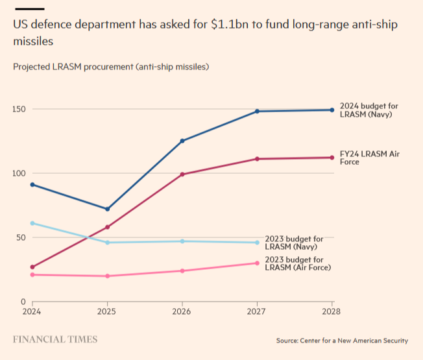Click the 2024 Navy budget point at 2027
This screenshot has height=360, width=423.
click(x=258, y=111)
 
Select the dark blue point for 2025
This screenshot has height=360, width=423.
click(x=107, y=209)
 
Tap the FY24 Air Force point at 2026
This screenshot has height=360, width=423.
click(x=182, y=174)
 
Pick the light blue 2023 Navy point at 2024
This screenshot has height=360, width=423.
click(x=32, y=223)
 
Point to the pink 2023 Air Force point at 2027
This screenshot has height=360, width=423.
click(x=258, y=263)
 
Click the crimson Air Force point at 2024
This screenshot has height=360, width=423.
click(x=32, y=267)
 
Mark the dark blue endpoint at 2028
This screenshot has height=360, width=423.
click(x=332, y=110)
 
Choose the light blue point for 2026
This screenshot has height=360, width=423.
click(x=182, y=241)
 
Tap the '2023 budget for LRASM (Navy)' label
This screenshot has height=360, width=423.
click(x=294, y=243)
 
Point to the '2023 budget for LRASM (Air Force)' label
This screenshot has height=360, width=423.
click(x=298, y=263)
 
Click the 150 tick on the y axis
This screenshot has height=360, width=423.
click(x=21, y=109)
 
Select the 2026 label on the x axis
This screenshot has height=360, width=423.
click(x=182, y=311)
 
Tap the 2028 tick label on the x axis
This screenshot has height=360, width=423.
click(x=332, y=311)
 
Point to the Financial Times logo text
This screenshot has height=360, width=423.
click(x=55, y=339)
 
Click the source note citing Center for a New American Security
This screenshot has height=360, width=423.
click(x=342, y=341)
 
